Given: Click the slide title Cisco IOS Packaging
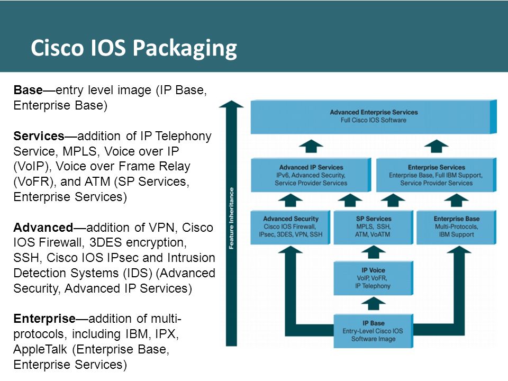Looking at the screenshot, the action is [134, 49].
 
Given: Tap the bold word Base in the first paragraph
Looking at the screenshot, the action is [28, 90].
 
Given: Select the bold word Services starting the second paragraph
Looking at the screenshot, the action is [39, 136].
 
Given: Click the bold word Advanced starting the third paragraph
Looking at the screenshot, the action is [43, 228].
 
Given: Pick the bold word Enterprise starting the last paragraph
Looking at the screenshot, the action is [44, 319].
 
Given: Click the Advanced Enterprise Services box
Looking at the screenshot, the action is [374, 116].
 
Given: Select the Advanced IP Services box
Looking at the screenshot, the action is [311, 175].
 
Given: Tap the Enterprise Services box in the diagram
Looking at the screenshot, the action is [436, 175].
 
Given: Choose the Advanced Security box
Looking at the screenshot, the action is [291, 227].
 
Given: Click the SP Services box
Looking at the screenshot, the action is [373, 227].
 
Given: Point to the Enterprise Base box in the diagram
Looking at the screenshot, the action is [456, 227].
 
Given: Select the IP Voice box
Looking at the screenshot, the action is [373, 278].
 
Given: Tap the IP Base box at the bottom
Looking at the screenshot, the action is [373, 331].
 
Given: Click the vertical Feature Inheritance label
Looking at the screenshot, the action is [231, 219].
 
